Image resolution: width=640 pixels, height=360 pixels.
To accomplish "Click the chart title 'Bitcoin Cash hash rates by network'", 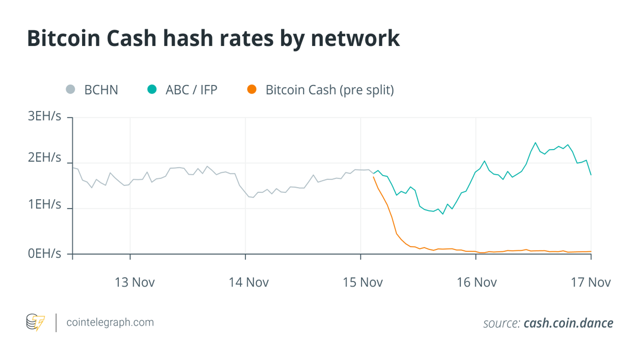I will (x=213, y=38).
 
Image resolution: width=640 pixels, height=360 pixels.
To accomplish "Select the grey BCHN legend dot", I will (x=70, y=90).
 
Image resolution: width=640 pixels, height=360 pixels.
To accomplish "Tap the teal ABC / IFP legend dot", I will (x=152, y=90).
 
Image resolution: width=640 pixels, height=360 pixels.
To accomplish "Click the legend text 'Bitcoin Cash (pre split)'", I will (x=329, y=90).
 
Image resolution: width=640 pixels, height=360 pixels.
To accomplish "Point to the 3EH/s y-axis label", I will (x=44, y=116).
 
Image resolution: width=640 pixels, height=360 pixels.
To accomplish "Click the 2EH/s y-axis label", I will (x=44, y=158).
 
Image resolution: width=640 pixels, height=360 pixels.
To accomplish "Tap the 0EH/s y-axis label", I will (x=44, y=253).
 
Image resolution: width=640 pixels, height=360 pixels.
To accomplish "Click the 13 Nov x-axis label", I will (x=134, y=282).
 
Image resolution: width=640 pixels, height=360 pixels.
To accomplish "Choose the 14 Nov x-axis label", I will (x=248, y=282).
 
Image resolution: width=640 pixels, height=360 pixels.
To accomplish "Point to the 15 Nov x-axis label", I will (x=362, y=282).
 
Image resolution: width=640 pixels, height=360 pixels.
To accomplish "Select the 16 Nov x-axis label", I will (x=476, y=282).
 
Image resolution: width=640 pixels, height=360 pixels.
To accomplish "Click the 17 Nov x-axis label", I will (x=590, y=282).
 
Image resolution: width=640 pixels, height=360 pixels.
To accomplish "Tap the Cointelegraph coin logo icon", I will (x=35, y=322).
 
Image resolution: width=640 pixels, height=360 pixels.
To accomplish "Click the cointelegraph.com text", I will (x=110, y=322).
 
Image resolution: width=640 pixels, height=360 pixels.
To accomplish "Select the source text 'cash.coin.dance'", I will (x=568, y=323).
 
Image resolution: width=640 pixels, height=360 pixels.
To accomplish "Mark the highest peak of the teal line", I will (x=535, y=142).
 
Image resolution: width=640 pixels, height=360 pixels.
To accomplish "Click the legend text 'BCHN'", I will (x=101, y=90).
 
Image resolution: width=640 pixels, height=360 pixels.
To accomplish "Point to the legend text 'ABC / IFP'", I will (x=191, y=90).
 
